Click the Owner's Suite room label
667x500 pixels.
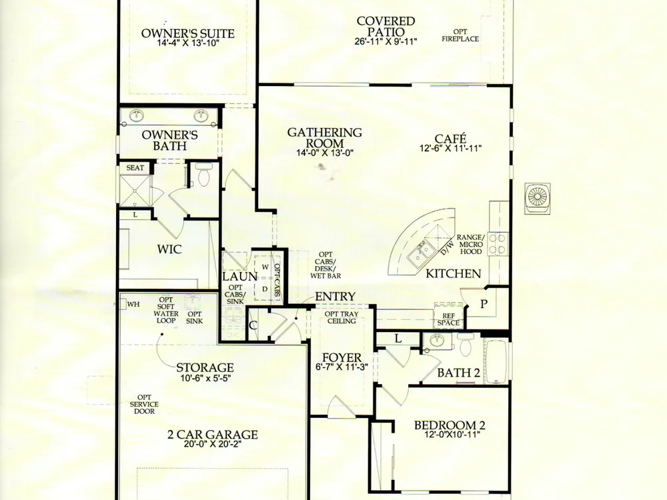tap(187, 33)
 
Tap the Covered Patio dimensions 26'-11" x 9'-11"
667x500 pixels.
tap(386, 41)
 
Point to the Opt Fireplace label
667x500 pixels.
tap(460, 35)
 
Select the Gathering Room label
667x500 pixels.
tap(325, 138)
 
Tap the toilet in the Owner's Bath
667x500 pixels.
tap(203, 175)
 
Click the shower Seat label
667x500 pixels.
tap(135, 168)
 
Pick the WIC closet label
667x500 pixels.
tap(169, 249)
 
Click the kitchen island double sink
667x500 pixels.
tap(422, 252)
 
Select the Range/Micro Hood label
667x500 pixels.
tap(470, 245)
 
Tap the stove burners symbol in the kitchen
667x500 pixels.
tap(498, 243)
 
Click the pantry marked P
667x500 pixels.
tap(484, 305)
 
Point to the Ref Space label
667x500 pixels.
tap(448, 319)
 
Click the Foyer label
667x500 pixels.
tap(342, 357)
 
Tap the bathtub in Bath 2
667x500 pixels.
tap(496, 362)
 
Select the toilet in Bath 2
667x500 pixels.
tap(466, 344)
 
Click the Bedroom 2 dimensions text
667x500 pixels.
tap(452, 435)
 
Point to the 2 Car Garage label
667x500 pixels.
tap(213, 435)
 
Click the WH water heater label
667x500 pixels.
tap(133, 305)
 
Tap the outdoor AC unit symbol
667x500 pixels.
tap(538, 197)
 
